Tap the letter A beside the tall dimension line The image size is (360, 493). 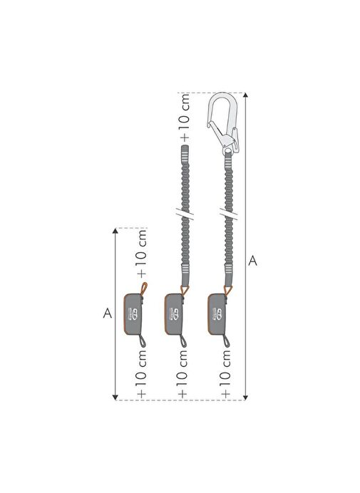(252, 261)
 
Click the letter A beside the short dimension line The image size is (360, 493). (108, 313)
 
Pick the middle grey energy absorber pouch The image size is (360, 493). (173, 314)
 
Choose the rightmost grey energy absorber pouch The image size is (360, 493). (217, 314)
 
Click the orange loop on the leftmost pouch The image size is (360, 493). (144, 289)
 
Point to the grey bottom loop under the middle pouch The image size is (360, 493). (182, 341)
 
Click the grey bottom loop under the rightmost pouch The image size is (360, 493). (226, 341)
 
